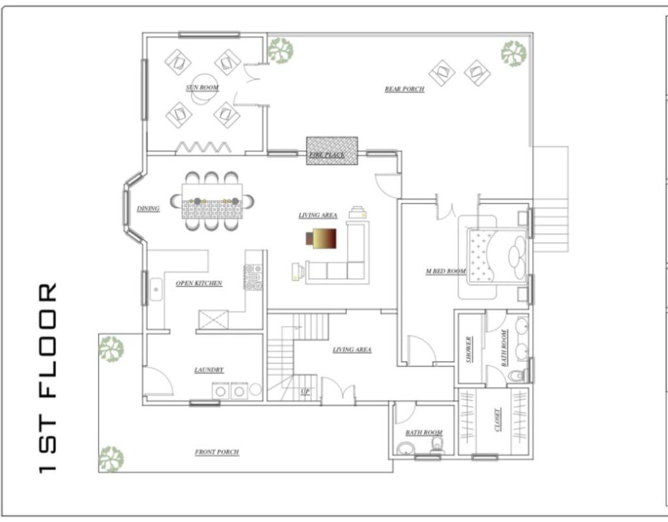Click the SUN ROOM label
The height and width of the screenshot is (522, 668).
pos(202,88)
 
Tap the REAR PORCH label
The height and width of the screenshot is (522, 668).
pos(404,89)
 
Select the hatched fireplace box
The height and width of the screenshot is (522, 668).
pos(332,151)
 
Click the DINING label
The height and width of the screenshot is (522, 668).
pos(148,209)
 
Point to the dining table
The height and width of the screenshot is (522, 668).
pos(212,201)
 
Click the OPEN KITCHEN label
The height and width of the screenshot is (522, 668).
pos(199,283)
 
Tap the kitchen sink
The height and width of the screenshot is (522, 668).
pos(156,289)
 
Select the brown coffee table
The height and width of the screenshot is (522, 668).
pos(321,239)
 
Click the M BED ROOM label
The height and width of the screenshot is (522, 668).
pos(446,271)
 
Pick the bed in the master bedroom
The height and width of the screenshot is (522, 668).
pos(497,257)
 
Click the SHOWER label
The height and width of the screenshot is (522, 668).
pos(469,349)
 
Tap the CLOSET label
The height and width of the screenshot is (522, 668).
pos(497,420)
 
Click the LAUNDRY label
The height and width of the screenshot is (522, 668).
pos(209,370)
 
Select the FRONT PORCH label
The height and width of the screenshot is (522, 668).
pos(217,452)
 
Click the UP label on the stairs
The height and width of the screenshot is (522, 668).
pos(305,391)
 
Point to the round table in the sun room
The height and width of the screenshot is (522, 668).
pos(204,89)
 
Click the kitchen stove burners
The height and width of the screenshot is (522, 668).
pos(254,277)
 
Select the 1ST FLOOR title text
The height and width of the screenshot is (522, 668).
pos(47,377)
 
